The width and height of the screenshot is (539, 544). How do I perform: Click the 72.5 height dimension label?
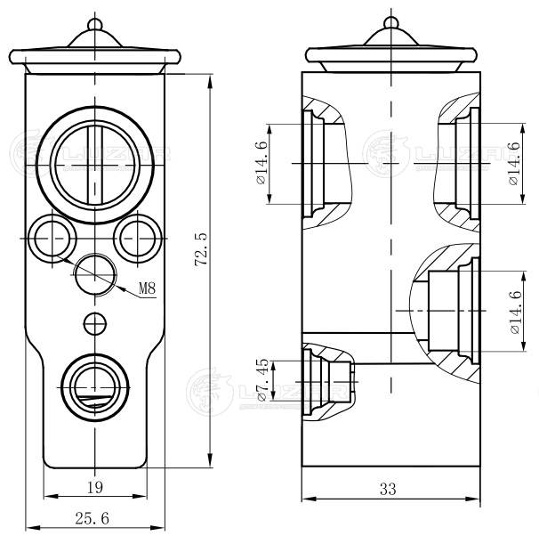(x=201, y=249)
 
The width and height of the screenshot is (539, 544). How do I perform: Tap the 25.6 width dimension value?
(x=92, y=518)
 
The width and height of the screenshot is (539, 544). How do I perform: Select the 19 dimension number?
(x=95, y=487)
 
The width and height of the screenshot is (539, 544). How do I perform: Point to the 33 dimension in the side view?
(x=388, y=489)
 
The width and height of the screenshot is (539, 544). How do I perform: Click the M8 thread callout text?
(x=148, y=288)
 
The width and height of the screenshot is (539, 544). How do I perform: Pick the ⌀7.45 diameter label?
(x=263, y=379)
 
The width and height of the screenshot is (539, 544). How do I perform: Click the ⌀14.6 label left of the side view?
(x=261, y=163)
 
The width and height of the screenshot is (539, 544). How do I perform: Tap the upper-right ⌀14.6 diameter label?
(x=514, y=164)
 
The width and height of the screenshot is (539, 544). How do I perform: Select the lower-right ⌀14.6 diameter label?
(x=515, y=313)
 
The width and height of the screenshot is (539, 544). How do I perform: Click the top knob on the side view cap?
(x=391, y=23)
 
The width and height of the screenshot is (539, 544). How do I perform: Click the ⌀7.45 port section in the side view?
(x=328, y=382)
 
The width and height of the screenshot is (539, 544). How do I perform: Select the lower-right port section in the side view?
(x=446, y=311)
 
